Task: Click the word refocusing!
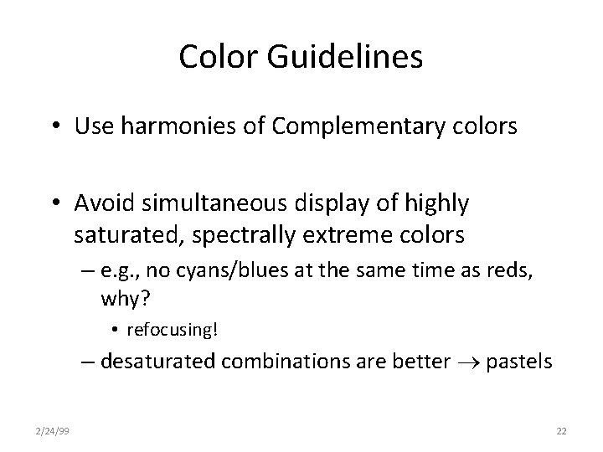pyautogui.click(x=172, y=330)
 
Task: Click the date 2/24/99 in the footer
pyautogui.click(x=54, y=430)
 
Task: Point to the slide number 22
pyautogui.click(x=561, y=430)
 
